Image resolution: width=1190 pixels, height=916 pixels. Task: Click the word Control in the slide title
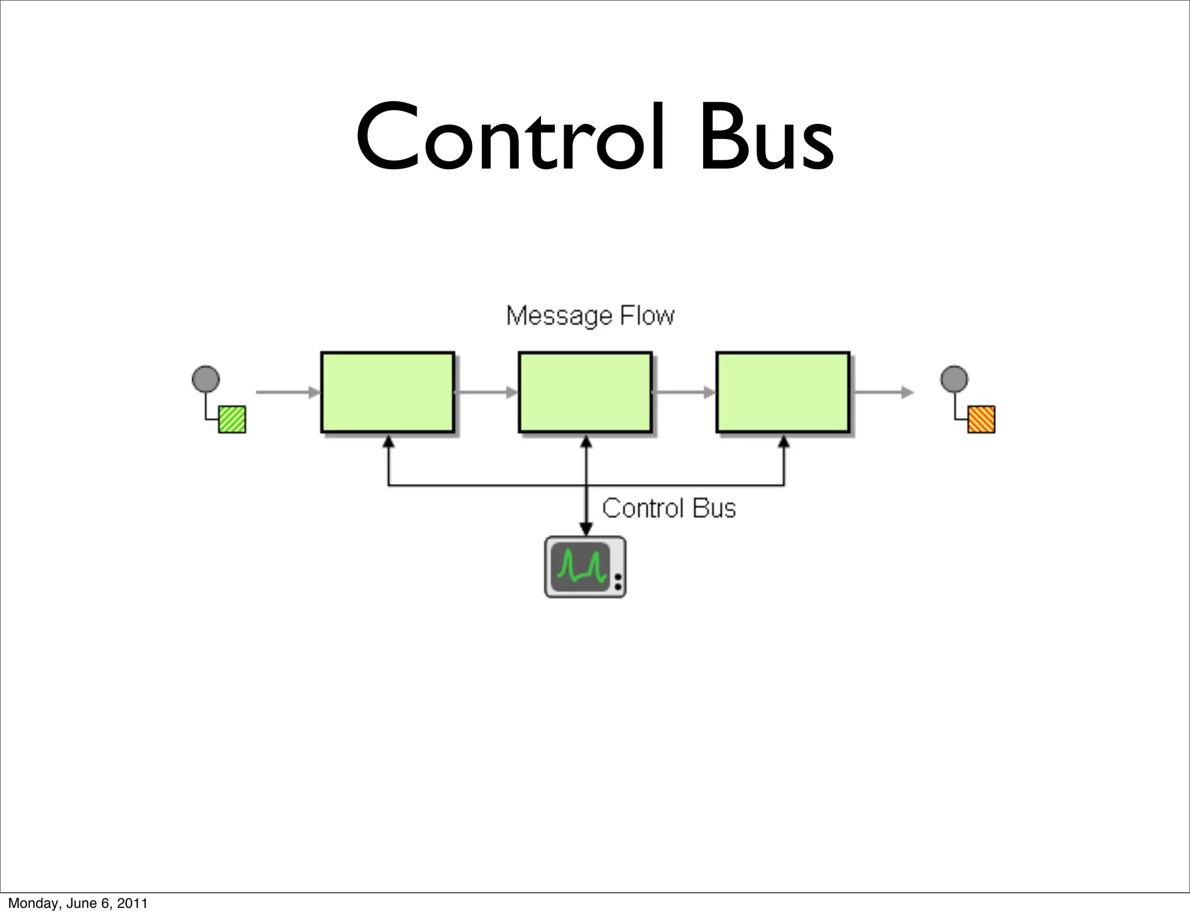click(x=510, y=138)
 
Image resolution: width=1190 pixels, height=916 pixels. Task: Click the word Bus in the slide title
click(x=766, y=138)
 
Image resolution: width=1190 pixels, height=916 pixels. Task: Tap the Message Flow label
click(x=590, y=316)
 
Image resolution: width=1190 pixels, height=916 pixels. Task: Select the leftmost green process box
click(x=388, y=392)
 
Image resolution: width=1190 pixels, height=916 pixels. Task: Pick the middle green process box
click(x=585, y=392)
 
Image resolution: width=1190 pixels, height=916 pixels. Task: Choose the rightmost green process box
click(x=783, y=392)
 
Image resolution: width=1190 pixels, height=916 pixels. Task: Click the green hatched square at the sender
click(x=232, y=419)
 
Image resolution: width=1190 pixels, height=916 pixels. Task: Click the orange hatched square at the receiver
click(x=981, y=419)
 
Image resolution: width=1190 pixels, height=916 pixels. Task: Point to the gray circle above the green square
click(x=206, y=379)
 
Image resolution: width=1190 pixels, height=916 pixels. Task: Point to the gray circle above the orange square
click(x=954, y=379)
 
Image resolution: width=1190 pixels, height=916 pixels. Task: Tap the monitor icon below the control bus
click(x=585, y=567)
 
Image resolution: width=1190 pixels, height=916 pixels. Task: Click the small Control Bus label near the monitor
click(x=669, y=509)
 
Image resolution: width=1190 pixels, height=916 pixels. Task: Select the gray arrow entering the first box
click(x=288, y=392)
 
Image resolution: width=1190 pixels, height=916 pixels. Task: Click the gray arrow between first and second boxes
click(x=486, y=392)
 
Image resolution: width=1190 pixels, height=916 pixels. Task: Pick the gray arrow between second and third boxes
click(x=684, y=392)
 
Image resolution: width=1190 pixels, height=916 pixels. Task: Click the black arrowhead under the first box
click(x=389, y=442)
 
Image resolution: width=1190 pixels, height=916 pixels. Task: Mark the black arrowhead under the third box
click(x=784, y=442)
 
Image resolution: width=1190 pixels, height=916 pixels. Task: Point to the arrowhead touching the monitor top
click(x=586, y=529)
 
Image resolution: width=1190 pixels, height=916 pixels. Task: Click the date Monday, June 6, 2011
click(x=78, y=903)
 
